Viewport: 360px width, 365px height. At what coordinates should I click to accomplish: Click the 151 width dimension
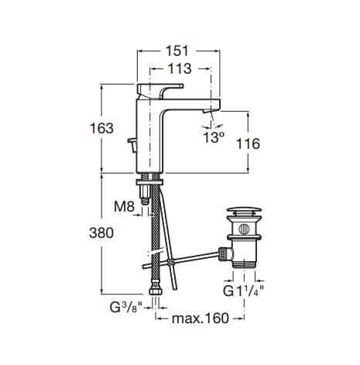[177, 50]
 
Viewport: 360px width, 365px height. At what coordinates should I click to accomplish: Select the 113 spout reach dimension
[180, 68]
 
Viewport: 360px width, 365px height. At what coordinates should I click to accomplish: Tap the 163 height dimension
[101, 128]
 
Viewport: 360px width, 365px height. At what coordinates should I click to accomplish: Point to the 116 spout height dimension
[248, 143]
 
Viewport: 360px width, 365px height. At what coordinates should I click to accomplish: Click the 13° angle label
[214, 137]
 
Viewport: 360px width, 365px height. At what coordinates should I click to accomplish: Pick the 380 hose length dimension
[101, 232]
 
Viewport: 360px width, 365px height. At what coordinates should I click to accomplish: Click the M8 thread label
[125, 207]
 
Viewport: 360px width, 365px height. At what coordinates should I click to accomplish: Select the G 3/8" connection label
[126, 307]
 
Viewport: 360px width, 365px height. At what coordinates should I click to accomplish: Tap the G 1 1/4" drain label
[243, 291]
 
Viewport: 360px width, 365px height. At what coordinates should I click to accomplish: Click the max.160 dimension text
[201, 318]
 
